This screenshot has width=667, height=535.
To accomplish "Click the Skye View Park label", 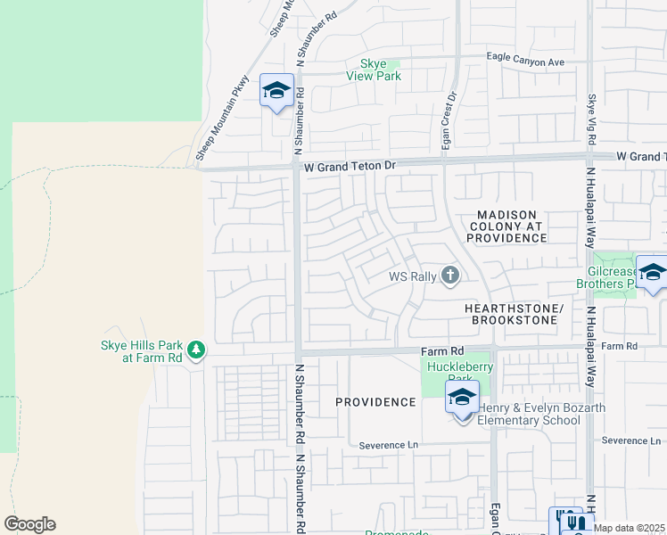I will (374, 70).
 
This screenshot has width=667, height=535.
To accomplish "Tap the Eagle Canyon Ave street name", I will (526, 62).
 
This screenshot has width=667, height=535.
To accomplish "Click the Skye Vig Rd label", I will (591, 120).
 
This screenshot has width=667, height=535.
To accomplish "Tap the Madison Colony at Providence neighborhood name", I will (506, 226).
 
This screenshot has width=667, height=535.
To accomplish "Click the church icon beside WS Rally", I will (450, 276).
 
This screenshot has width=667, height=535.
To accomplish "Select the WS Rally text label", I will (412, 276).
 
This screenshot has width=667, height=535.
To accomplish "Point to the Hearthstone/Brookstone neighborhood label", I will (515, 314).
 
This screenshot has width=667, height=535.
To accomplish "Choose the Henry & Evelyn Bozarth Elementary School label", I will (530, 415).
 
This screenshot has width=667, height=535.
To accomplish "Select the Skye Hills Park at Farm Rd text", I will (140, 351).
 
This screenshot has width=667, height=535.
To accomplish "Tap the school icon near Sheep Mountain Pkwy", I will (276, 90).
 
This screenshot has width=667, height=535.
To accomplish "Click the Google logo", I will (29, 524).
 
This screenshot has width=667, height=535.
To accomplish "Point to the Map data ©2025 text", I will (630, 528).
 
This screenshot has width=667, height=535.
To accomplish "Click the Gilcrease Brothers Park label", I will (616, 277).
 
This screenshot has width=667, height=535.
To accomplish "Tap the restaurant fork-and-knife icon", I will (576, 522).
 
